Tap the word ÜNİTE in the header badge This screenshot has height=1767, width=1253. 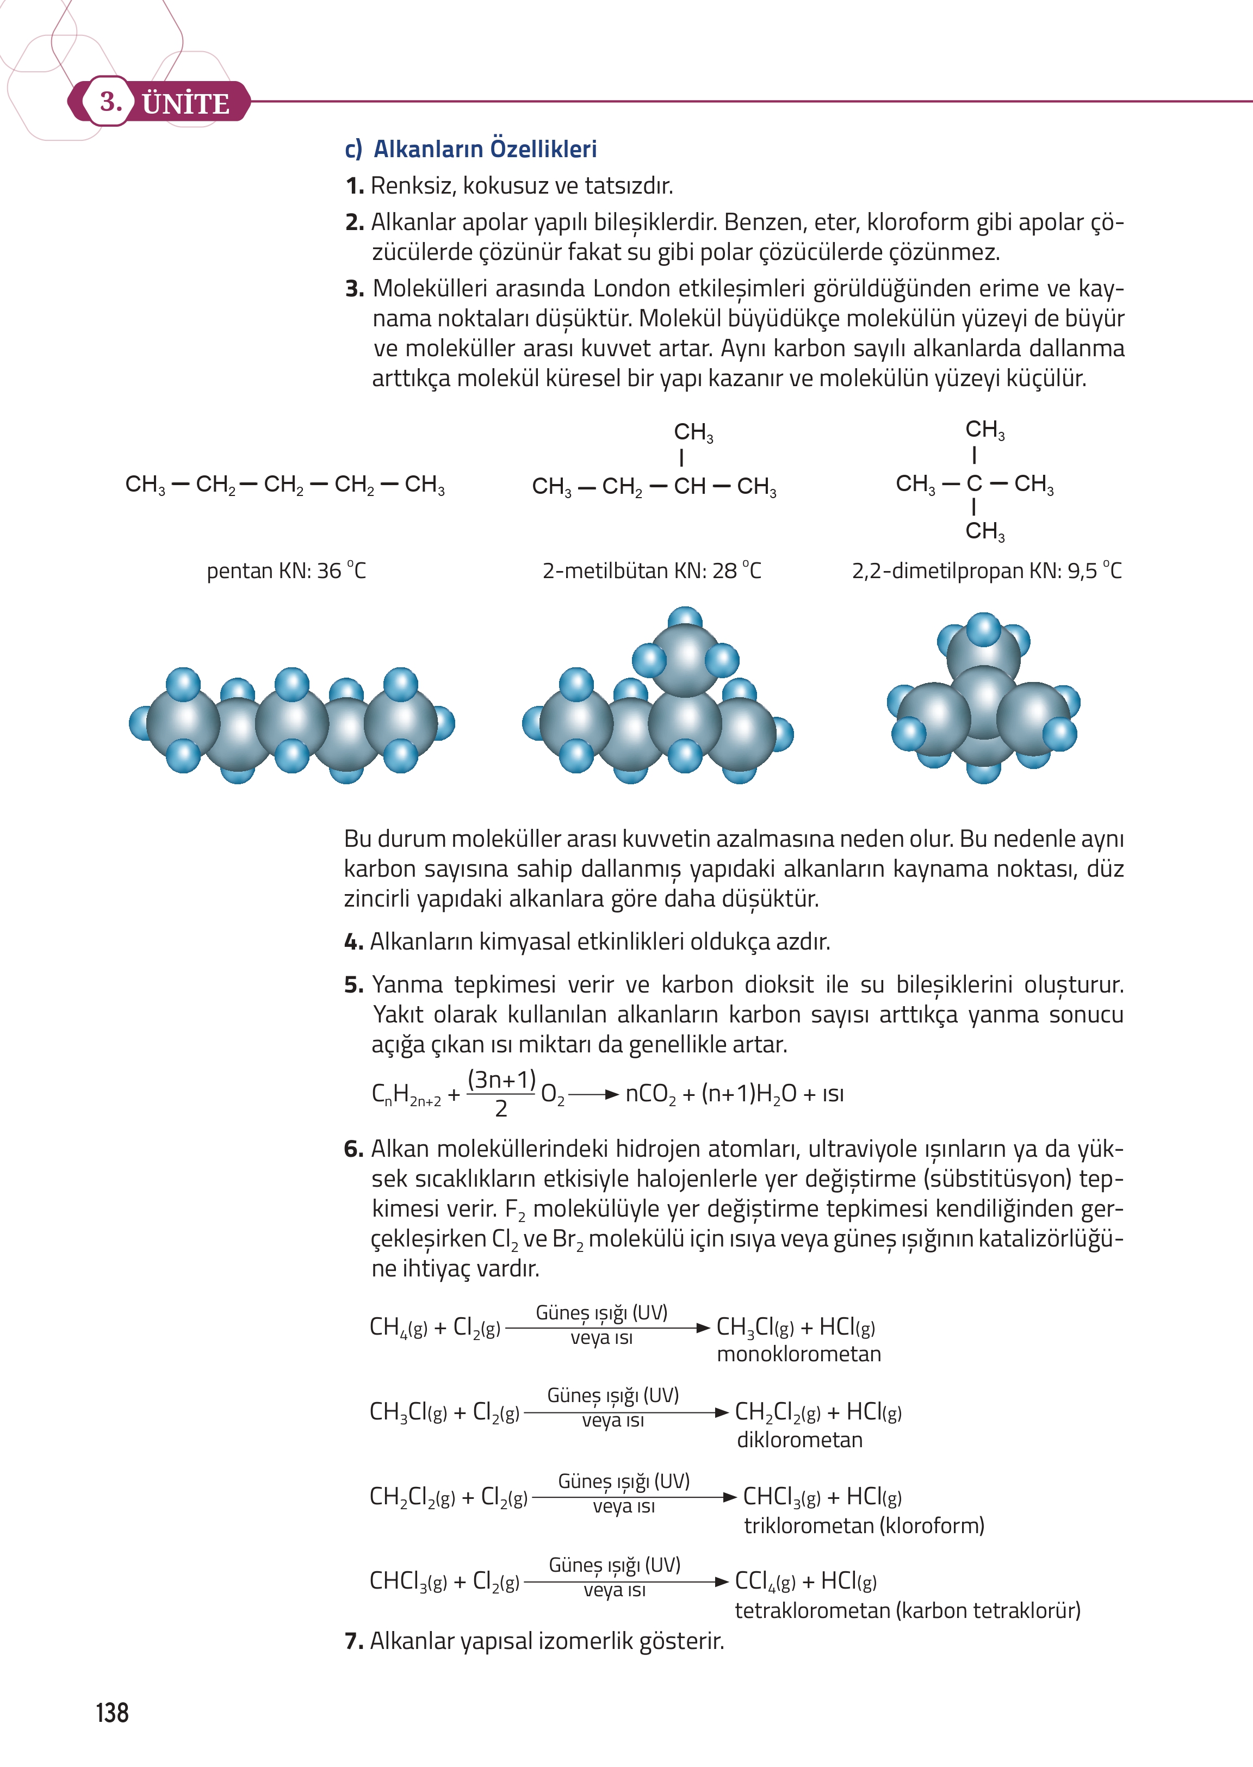pyautogui.click(x=186, y=103)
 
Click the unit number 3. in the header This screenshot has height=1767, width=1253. pyautogui.click(x=111, y=101)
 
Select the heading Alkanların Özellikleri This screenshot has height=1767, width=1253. pyautogui.click(x=485, y=149)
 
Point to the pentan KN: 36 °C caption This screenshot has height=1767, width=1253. pyautogui.click(x=286, y=571)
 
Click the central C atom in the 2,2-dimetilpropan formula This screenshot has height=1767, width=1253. pyautogui.click(x=975, y=484)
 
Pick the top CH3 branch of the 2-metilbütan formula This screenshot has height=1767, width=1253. pyautogui.click(x=693, y=432)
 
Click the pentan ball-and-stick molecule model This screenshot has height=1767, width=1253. pyautogui.click(x=291, y=724)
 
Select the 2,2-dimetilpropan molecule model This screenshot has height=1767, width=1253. pyautogui.click(x=984, y=698)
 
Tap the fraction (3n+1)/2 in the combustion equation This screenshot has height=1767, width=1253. pyautogui.click(x=501, y=1093)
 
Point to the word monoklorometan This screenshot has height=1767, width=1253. pyautogui.click(x=798, y=1354)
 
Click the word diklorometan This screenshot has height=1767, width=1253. pyautogui.click(x=799, y=1440)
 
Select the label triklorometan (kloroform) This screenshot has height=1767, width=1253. pyautogui.click(x=864, y=1526)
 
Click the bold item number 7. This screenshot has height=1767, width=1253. pyautogui.click(x=353, y=1641)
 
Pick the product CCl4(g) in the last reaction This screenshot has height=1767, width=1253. pyautogui.click(x=765, y=1582)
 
